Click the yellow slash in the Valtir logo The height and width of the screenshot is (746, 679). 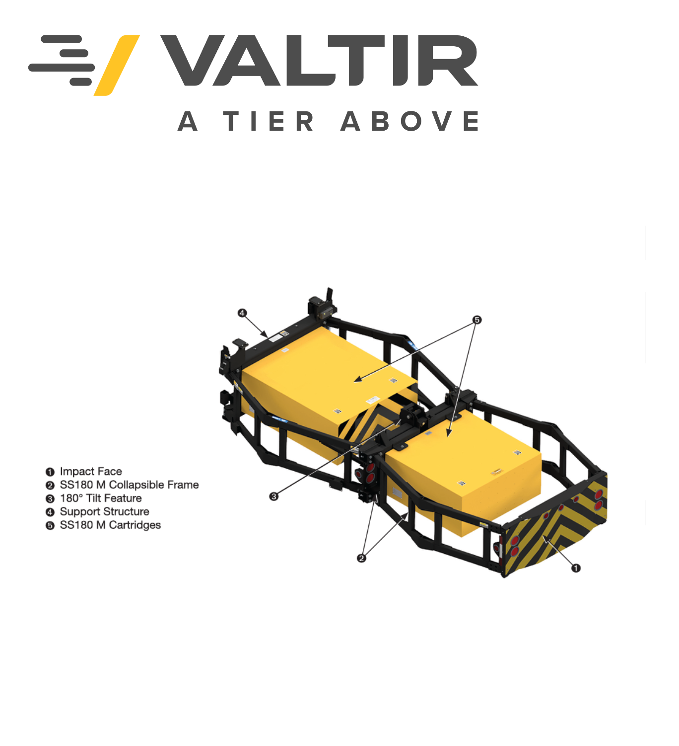click(117, 66)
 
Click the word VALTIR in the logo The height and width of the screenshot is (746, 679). click(319, 60)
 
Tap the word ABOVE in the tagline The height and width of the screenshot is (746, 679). click(409, 121)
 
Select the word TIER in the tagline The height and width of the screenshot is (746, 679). click(268, 121)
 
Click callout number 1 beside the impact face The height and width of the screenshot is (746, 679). click(576, 568)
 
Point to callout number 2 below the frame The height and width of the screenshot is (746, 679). click(361, 558)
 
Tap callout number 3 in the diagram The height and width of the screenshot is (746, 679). click(274, 496)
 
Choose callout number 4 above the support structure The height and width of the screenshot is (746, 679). click(242, 313)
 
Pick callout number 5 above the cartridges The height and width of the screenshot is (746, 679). click(477, 320)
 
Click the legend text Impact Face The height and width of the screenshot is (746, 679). click(91, 472)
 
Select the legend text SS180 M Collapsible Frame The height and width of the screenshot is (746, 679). click(129, 485)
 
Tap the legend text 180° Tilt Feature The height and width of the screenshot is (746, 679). click(101, 498)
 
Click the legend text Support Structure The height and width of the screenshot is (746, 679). click(105, 512)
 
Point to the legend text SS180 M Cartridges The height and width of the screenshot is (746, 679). click(111, 525)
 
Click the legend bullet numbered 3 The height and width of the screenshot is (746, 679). click(50, 499)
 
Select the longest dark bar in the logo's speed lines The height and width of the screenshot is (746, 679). click(62, 67)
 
